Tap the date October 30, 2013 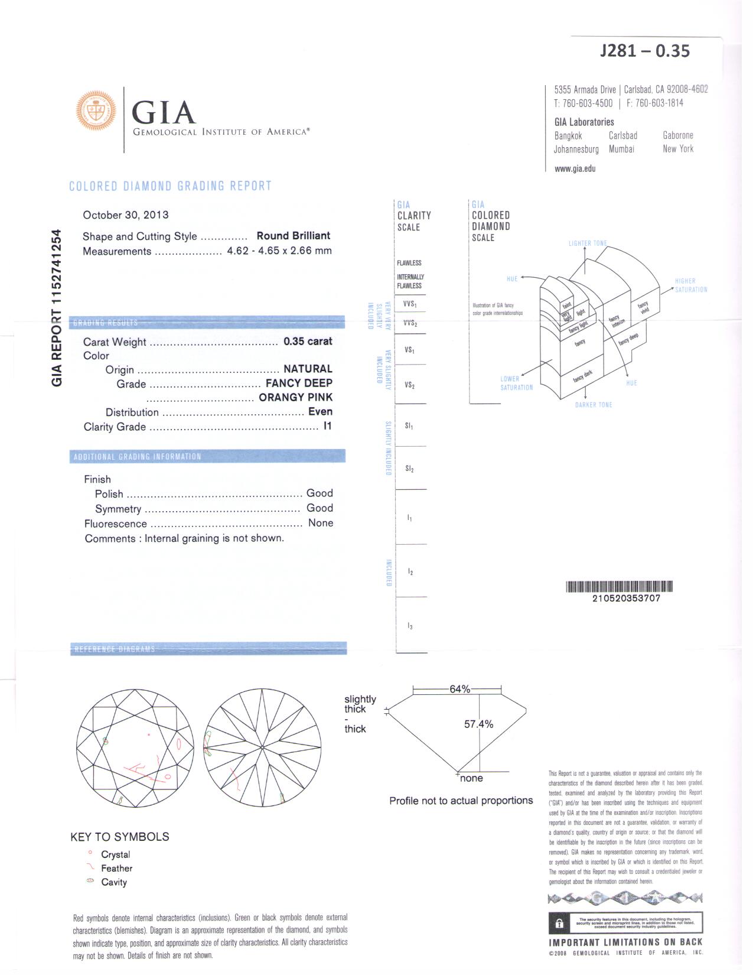coord(125,215)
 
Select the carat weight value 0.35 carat coord(308,342)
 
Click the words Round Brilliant coord(293,236)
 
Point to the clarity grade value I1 coord(327,426)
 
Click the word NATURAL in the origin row coord(308,369)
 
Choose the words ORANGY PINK coord(295,398)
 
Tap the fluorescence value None coord(321,523)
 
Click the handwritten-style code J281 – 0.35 coord(644,51)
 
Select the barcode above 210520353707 coord(620,587)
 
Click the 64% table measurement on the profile coord(459,689)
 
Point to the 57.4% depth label coord(478,724)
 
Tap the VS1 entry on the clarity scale coord(409,350)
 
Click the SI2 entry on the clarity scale coord(409,469)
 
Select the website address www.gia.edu coord(575,168)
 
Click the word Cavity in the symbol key coord(114,882)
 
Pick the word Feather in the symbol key coord(116,868)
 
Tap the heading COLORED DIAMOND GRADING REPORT coord(170,186)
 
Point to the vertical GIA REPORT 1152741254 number coord(57,308)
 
